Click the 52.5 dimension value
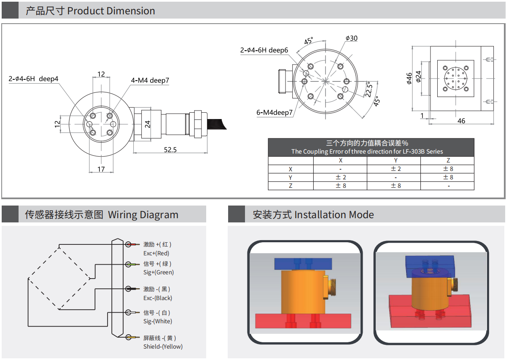(170, 149)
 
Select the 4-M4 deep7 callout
(150, 80)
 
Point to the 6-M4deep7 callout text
(274, 112)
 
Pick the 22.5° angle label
(369, 89)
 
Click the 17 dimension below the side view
(101, 169)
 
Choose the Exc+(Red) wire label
(156, 253)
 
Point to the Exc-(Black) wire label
(158, 298)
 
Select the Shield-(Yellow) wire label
(163, 346)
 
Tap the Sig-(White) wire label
(158, 321)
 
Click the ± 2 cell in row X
(396, 169)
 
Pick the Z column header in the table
(448, 160)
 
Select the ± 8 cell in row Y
(448, 177)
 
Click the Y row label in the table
(291, 177)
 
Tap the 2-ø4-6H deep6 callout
(264, 50)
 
